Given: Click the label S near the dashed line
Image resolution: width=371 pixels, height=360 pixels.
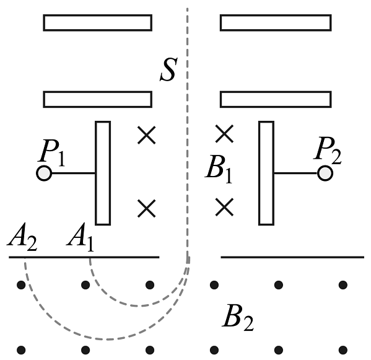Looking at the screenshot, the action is point(169,69).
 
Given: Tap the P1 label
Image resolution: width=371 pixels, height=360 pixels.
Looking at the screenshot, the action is point(52,152).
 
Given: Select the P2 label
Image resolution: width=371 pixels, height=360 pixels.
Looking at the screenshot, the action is point(328,151).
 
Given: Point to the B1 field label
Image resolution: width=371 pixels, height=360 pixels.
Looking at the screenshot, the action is point(219,169).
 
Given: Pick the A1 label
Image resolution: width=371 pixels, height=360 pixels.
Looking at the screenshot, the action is point(81,237).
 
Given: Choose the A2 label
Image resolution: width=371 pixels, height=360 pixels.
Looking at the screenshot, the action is point(22,237).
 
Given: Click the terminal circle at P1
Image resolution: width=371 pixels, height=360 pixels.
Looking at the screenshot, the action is point(44,173).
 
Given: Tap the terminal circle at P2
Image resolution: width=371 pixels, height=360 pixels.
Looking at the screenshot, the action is point(325,173).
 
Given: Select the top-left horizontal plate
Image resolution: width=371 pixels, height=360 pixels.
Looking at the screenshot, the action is point(98,23).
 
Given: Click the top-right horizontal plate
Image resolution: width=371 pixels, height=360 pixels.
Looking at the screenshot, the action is point(276,23).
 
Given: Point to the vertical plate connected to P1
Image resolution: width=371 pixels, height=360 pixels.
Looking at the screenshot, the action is point(103,173).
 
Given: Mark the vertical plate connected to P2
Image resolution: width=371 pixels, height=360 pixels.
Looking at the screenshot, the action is point(266,173).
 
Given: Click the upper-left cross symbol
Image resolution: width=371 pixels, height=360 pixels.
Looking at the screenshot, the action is point(147,135).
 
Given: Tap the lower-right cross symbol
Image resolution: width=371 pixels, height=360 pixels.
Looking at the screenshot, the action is point(224,207).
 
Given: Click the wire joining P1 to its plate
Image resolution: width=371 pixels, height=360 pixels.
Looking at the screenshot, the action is point(73,173).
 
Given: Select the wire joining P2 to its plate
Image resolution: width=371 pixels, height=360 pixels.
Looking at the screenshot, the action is point(296,173).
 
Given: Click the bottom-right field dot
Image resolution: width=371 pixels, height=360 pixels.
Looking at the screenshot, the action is point(343,350).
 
